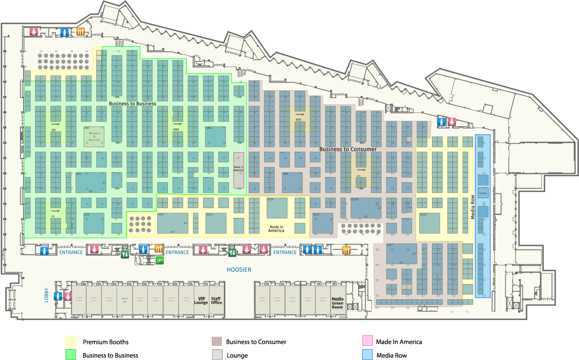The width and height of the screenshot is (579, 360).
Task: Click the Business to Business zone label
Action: click(x=132, y=103)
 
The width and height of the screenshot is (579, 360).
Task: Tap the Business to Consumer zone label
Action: click(x=348, y=149)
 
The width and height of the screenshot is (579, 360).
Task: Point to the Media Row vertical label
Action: click(x=473, y=207)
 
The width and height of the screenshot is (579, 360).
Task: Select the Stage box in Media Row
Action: click(x=483, y=193)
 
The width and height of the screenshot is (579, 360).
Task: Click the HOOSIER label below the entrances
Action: click(x=239, y=270)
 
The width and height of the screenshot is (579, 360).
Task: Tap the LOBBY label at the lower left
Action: click(x=46, y=295)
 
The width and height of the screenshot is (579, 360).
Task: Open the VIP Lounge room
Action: click(x=201, y=301)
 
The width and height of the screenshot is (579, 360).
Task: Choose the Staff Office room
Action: click(x=216, y=301)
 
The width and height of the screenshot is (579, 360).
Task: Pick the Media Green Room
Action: click(x=337, y=303)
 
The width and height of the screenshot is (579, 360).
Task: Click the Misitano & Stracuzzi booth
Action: click(x=94, y=137)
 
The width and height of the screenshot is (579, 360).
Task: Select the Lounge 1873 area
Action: click(x=299, y=117)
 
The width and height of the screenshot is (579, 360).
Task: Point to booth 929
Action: click(x=172, y=223)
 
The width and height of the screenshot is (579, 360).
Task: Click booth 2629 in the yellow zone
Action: click(x=429, y=223)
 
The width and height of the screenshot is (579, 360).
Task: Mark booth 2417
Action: click(x=401, y=254)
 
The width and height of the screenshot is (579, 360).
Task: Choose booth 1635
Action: click(x=277, y=208)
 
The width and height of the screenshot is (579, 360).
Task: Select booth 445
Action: click(x=91, y=182)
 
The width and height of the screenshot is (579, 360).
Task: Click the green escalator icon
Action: click(x=159, y=260)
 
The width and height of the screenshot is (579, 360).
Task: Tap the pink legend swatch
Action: click(x=368, y=341)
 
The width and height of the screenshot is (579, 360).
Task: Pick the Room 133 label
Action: click(x=125, y=300)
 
